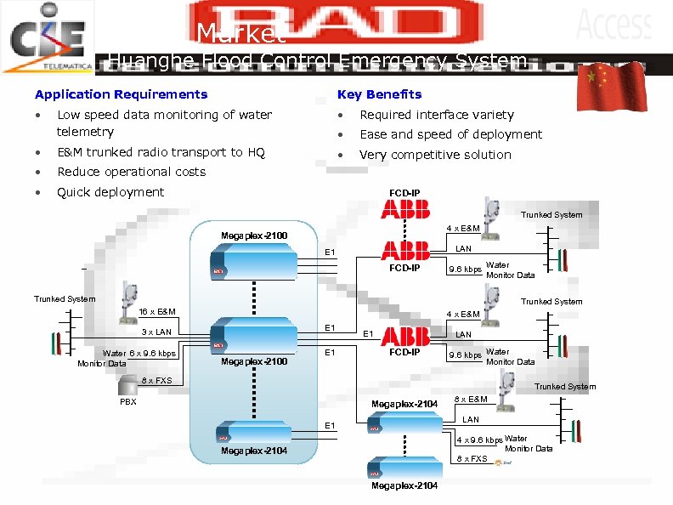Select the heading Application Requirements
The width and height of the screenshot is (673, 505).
point(121,94)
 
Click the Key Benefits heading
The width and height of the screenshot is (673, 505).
point(379,94)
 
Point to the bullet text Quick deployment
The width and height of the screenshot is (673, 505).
point(110,192)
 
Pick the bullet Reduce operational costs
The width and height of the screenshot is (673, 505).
point(131,172)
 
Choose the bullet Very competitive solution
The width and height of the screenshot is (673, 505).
point(435,155)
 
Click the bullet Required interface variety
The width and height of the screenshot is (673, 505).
point(437,115)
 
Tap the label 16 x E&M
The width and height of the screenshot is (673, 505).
point(157,312)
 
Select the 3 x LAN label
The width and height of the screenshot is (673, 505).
point(156,332)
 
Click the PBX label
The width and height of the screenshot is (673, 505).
point(127,402)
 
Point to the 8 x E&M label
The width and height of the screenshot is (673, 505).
point(472,400)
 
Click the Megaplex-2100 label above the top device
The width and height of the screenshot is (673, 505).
point(254,235)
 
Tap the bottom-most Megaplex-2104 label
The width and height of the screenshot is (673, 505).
point(404,486)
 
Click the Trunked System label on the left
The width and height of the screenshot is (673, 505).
point(65,299)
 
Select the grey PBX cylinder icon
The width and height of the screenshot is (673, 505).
point(127,388)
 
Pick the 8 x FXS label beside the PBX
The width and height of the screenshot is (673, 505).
point(156,381)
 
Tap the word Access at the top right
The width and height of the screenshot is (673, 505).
point(614,24)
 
